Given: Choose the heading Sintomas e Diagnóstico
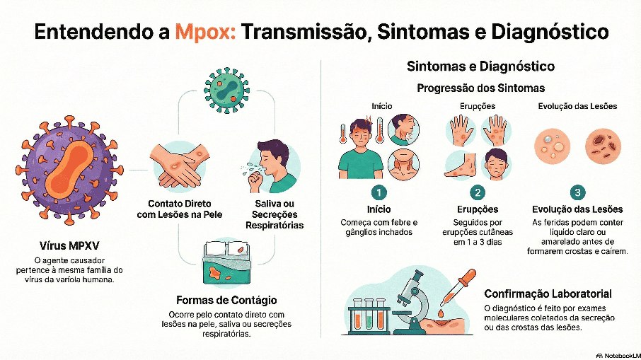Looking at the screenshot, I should [480, 66].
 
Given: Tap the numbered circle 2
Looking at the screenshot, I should [478, 192].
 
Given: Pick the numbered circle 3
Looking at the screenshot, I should [577, 192].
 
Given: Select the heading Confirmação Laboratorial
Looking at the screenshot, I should [548, 294].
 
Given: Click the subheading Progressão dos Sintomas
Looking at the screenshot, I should [480, 88].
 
